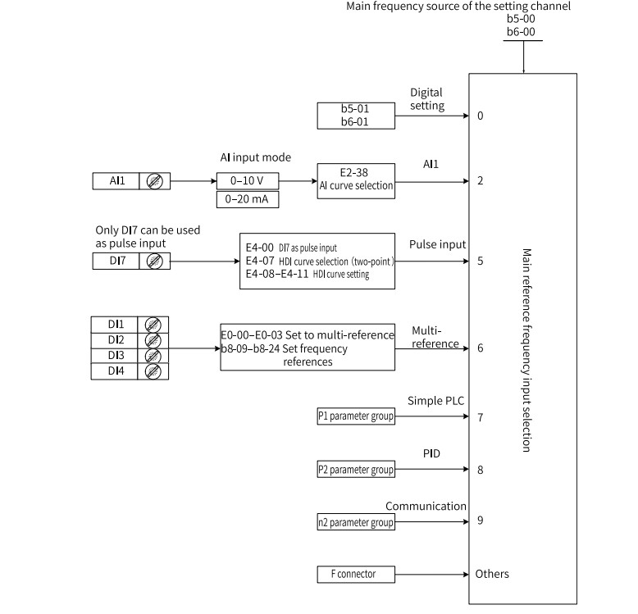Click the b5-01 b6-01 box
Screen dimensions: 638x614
pos(356,116)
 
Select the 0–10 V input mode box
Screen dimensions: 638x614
pos(248,181)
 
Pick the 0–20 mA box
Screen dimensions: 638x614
pos(248,199)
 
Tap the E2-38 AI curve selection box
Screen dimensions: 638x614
pos(356,181)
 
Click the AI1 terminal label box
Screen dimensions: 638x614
pos(116,181)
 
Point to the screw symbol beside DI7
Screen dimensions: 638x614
pos(155,261)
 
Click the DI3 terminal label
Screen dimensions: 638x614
pos(116,356)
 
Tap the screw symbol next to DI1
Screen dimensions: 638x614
pos(153,325)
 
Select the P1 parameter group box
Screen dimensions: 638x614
pos(356,416)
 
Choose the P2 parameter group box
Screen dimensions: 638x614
pos(356,470)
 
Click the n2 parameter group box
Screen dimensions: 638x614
pos(356,522)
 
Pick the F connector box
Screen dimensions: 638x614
pos(356,574)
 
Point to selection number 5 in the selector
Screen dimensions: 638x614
pos(480,261)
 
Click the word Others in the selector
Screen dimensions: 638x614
pos(492,574)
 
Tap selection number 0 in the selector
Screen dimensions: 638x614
pos(480,116)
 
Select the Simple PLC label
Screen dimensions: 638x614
pos(435,401)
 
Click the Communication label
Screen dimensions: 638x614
pos(426,507)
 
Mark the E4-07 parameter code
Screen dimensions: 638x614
pos(260,261)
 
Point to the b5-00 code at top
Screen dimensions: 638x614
pos(521,19)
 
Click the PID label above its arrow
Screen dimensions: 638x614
pos(431,453)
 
